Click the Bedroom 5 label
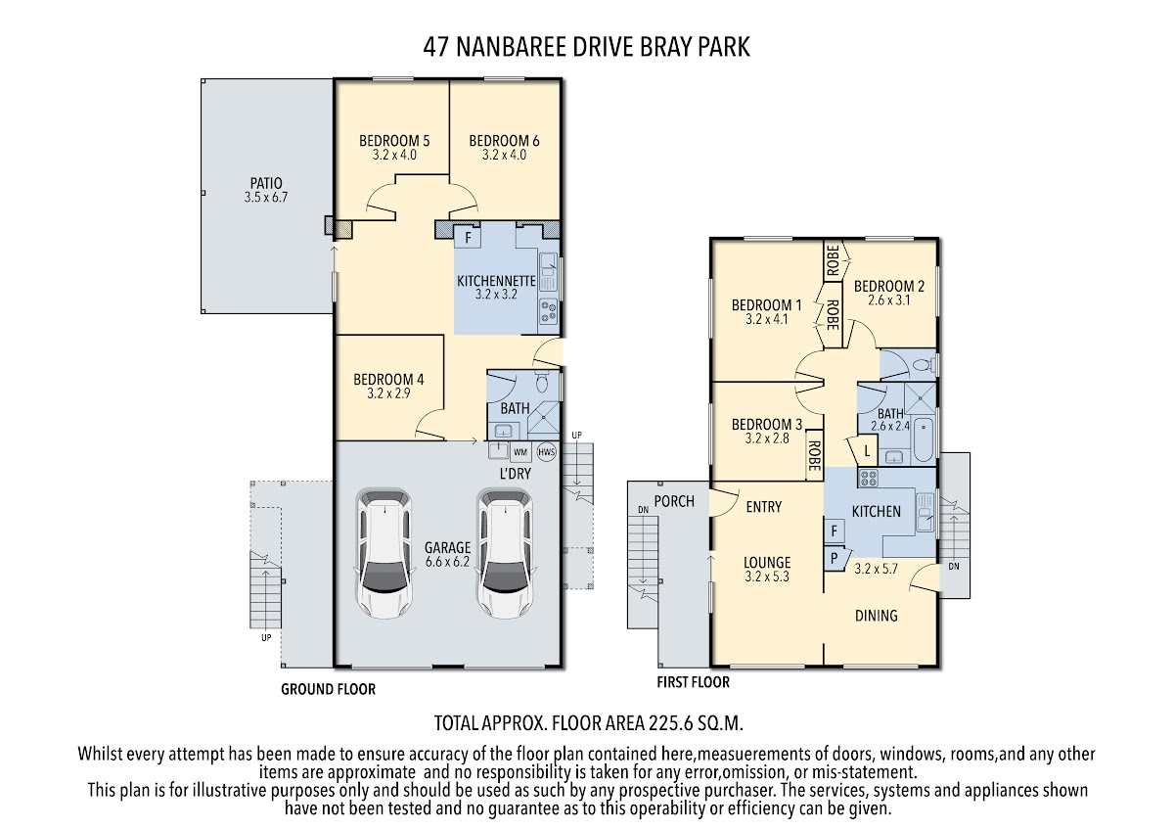click(394, 141)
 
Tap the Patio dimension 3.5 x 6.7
click(266, 198)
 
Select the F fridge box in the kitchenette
click(468, 238)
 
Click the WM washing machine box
click(519, 452)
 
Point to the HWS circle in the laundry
click(546, 452)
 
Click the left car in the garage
click(384, 553)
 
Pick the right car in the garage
click(504, 553)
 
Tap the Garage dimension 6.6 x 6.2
click(447, 562)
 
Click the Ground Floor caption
click(328, 689)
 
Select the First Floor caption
click(693, 682)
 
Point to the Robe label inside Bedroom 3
click(814, 456)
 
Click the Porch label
click(674, 501)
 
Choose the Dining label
click(877, 615)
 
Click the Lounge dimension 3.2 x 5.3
click(767, 576)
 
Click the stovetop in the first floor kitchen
click(869, 478)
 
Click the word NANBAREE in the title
click(511, 47)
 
